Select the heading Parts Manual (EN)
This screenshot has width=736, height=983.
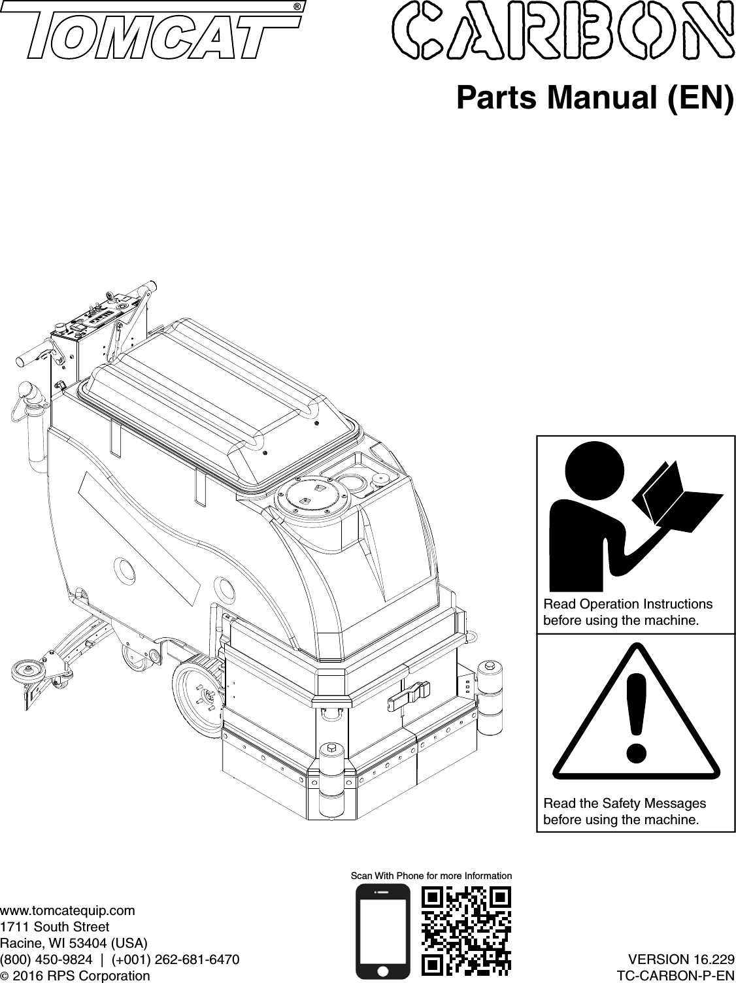[595, 99]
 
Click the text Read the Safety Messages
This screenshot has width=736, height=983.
[624, 803]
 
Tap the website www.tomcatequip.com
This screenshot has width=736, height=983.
[68, 910]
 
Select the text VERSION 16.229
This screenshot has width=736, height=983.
[680, 960]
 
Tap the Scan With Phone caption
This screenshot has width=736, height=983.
[431, 875]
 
